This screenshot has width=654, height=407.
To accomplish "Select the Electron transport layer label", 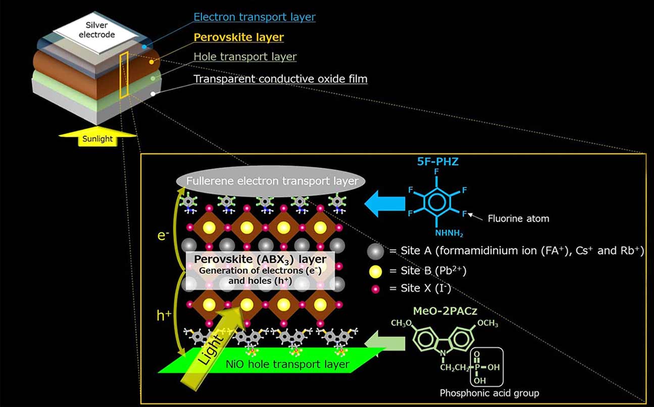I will point(255,17).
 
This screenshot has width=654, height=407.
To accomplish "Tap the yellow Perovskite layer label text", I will point(239,37).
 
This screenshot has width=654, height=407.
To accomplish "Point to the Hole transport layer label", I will point(245,57).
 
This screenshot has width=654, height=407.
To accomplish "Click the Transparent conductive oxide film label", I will point(280,79).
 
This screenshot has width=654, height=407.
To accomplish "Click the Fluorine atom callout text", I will point(518,219).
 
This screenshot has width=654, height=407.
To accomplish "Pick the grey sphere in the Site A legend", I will point(376,251).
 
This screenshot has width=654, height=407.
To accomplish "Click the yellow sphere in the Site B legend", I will point(376,271).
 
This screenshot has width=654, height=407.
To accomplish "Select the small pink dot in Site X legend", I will point(376,289).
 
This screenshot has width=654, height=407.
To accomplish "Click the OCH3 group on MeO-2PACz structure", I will point(485,324).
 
